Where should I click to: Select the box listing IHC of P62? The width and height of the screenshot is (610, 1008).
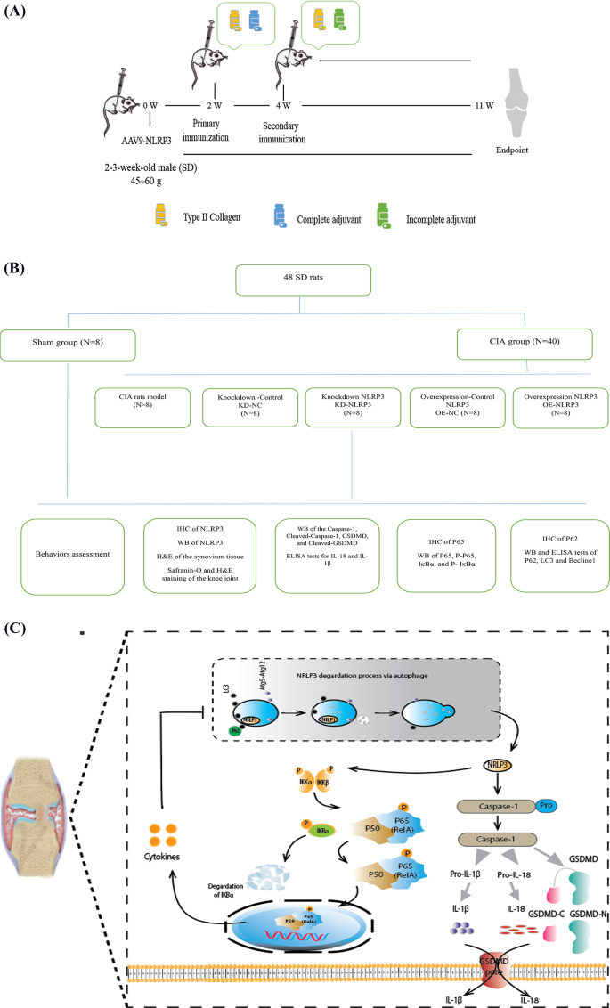(x=556, y=553)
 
